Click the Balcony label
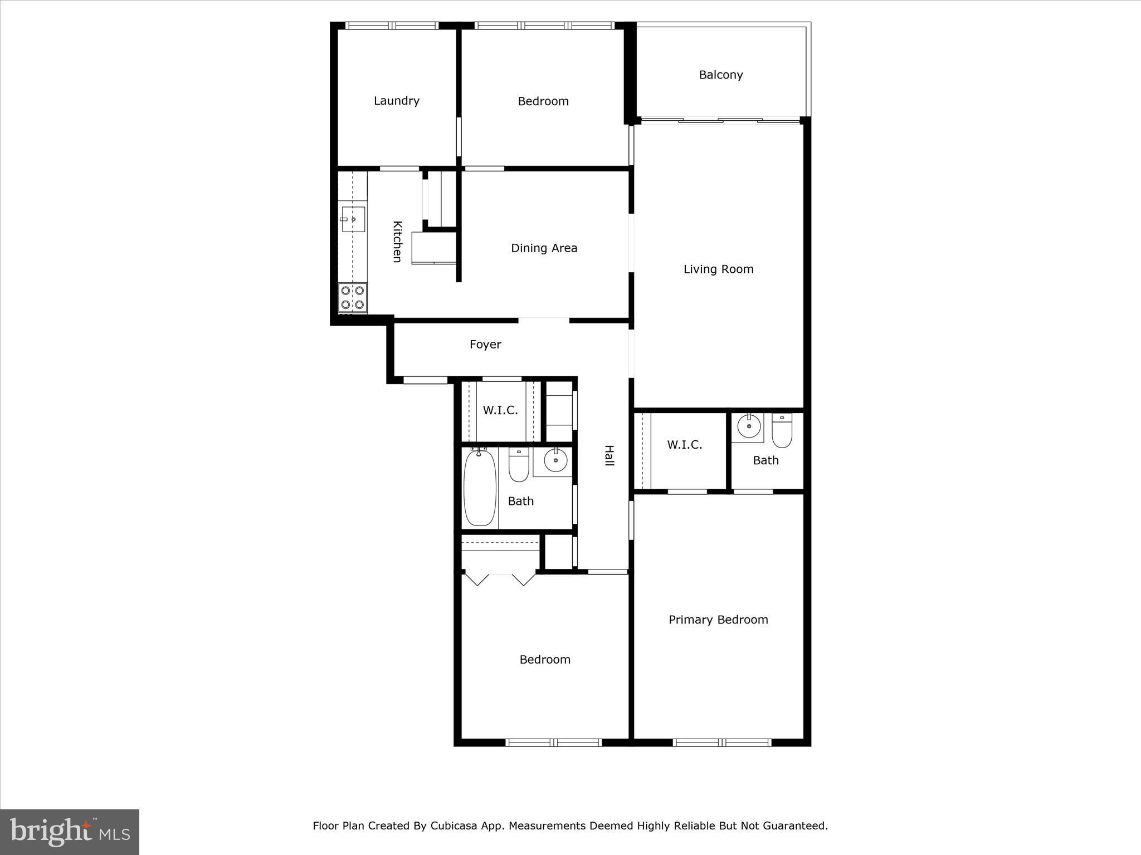[721, 75]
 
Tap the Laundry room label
[396, 101]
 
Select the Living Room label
[718, 269]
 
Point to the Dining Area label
[544, 248]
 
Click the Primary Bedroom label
[718, 620]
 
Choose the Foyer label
[485, 345]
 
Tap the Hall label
[609, 455]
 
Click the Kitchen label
[397, 242]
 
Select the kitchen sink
[353, 219]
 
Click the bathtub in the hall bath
[480, 488]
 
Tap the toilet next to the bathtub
[519, 465]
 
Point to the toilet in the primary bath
[782, 431]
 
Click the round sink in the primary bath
[749, 427]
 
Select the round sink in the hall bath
[555, 460]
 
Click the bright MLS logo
[70, 832]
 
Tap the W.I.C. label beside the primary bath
[684, 445]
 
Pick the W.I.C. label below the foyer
[500, 411]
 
